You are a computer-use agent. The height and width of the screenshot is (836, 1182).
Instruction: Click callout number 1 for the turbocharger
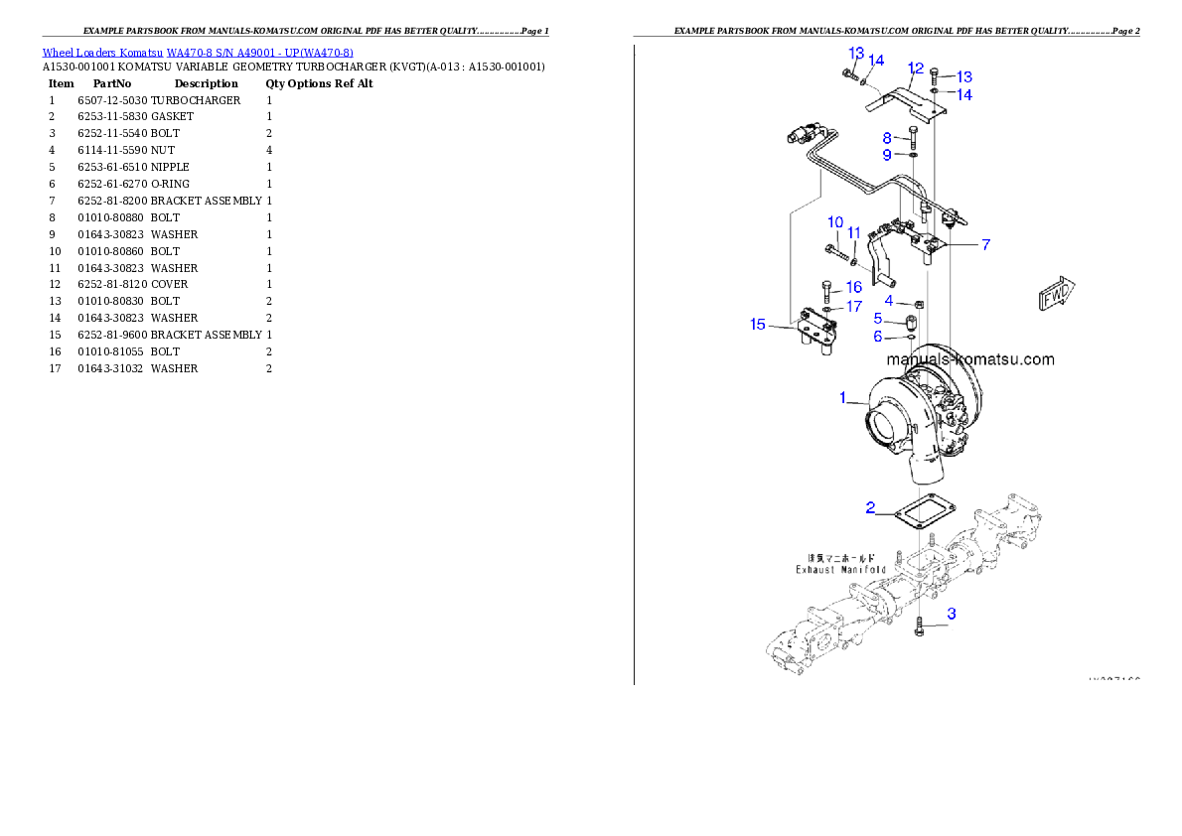click(x=842, y=398)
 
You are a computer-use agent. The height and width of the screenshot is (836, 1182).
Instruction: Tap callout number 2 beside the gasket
click(x=870, y=508)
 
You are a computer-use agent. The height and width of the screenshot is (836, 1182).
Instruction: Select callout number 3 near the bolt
click(x=952, y=614)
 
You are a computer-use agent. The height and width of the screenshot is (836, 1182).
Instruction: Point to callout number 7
click(x=985, y=244)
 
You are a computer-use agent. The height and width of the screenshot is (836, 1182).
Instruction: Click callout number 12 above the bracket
click(x=916, y=69)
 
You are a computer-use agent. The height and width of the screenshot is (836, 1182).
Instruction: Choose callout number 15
click(x=758, y=325)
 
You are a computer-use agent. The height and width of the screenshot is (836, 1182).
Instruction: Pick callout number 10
click(x=835, y=222)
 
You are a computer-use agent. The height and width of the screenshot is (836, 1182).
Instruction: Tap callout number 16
click(x=854, y=287)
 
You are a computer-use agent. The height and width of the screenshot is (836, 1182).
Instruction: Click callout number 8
click(x=887, y=138)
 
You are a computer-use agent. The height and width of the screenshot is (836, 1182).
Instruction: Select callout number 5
click(x=878, y=319)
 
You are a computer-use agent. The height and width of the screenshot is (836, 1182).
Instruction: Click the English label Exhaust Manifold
click(x=840, y=570)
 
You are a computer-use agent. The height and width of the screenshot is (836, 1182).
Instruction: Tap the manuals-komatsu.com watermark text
click(x=969, y=359)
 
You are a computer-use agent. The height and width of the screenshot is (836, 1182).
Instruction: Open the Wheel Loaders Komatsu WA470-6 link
click(x=198, y=53)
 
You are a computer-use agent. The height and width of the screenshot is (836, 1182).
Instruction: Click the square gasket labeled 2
click(x=925, y=514)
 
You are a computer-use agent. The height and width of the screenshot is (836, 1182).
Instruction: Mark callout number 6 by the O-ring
click(x=878, y=337)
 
